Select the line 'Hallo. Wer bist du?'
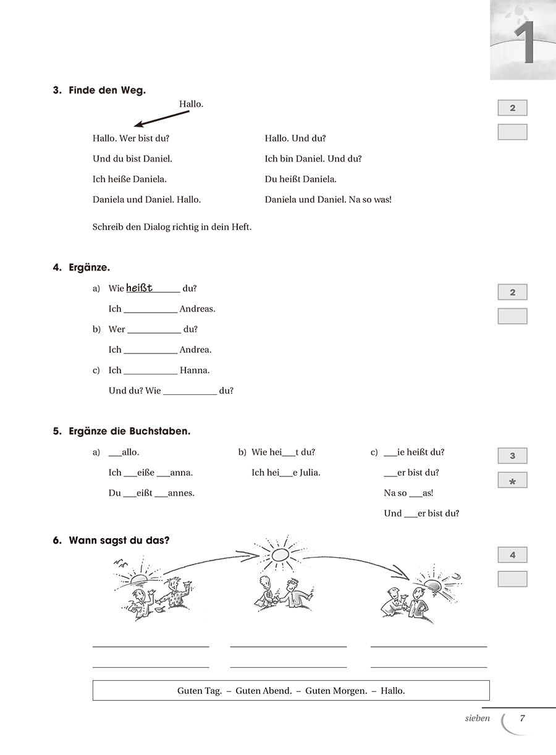pos(130,138)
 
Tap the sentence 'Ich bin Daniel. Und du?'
pos(313,159)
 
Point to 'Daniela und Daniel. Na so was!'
pos(328,200)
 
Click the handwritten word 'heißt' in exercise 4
pos(139,287)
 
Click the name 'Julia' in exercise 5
pos(308,473)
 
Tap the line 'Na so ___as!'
pos(408,493)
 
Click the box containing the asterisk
pos(512,481)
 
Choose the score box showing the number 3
pos(512,456)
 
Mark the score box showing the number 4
pos(512,555)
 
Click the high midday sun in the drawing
pos(280,554)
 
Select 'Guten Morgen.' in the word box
pos(336,691)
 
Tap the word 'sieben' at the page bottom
pos(477,718)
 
